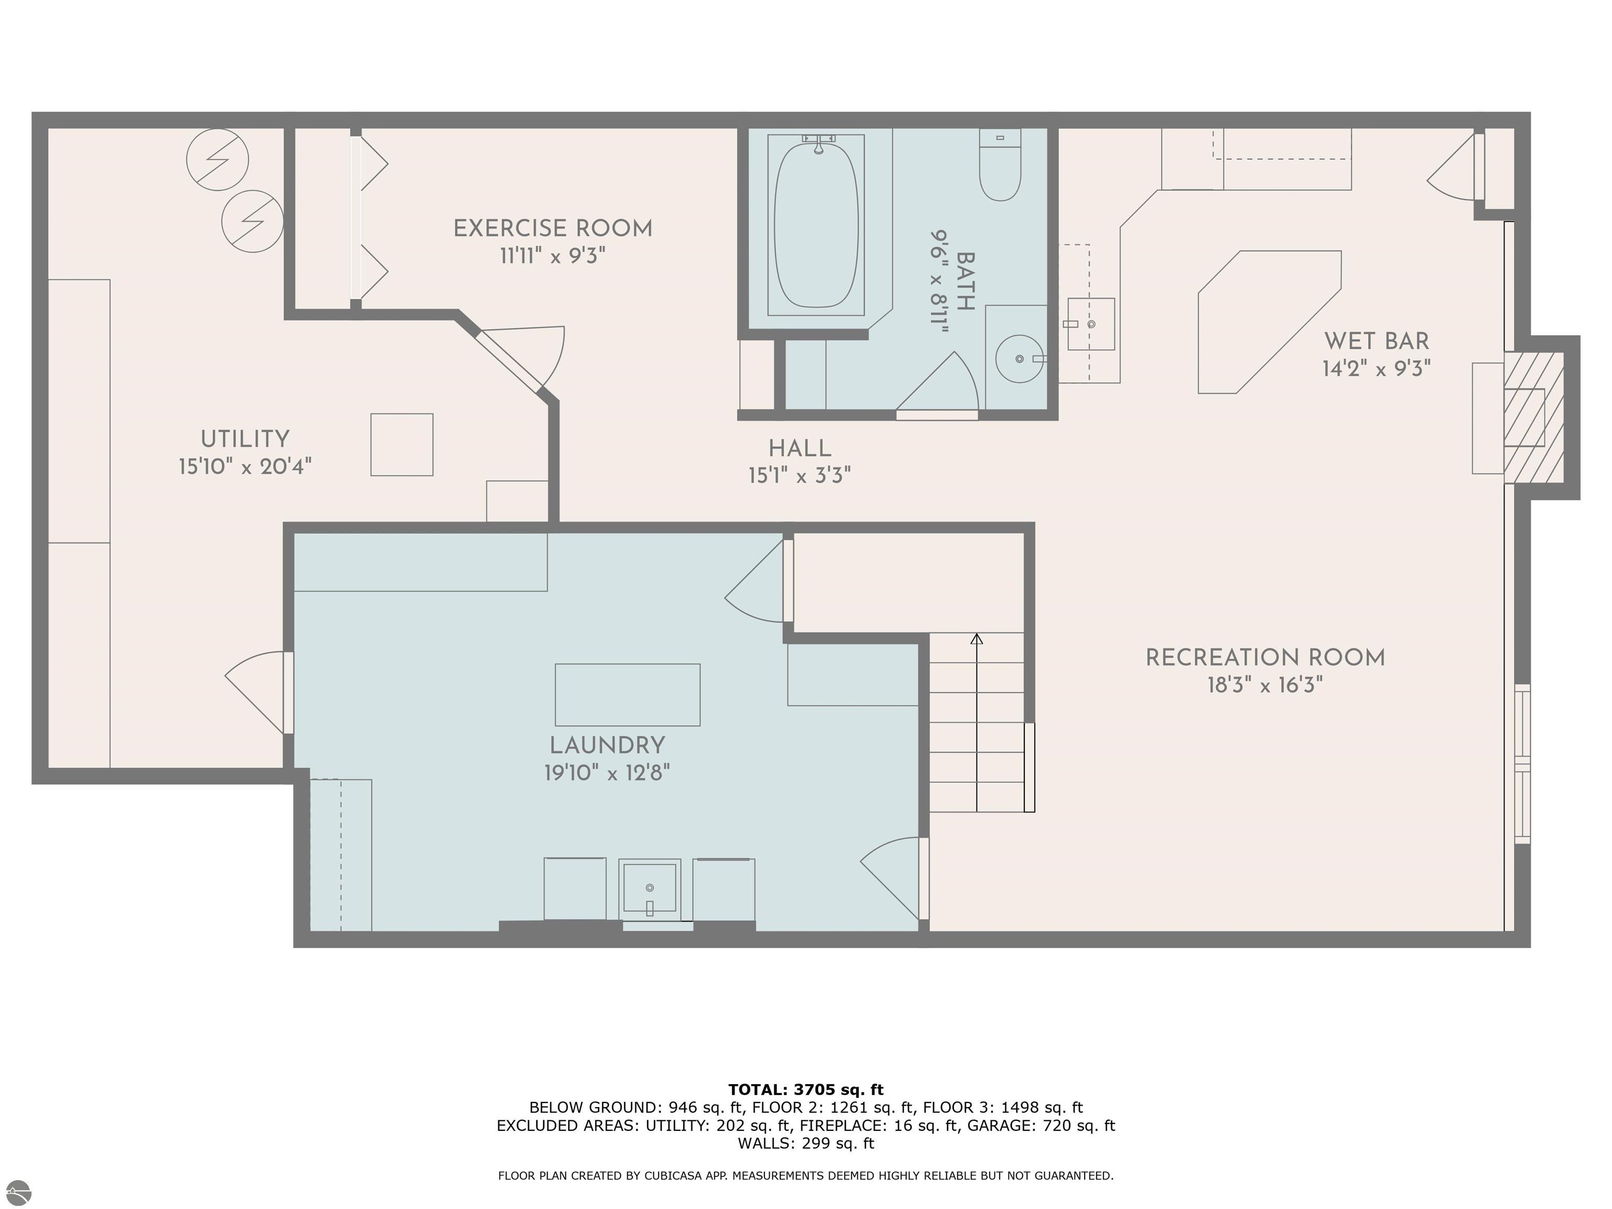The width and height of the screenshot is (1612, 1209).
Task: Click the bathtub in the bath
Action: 815,225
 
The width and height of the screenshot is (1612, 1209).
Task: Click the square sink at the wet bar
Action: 1091,324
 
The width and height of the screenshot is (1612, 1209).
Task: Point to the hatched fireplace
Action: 1534,418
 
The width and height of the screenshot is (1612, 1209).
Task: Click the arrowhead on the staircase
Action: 977,639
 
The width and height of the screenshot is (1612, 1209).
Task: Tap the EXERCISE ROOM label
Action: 553,229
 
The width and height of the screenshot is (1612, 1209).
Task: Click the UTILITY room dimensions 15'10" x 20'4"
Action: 246,466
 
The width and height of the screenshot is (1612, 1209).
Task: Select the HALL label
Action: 800,448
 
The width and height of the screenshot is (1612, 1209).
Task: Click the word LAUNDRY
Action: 607,746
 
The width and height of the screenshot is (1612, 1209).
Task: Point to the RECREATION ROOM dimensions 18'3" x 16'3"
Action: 1265,685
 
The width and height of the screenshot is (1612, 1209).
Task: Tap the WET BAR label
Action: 1376,341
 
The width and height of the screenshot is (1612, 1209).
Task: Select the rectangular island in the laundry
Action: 628,695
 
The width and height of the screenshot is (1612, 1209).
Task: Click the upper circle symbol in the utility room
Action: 217,160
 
